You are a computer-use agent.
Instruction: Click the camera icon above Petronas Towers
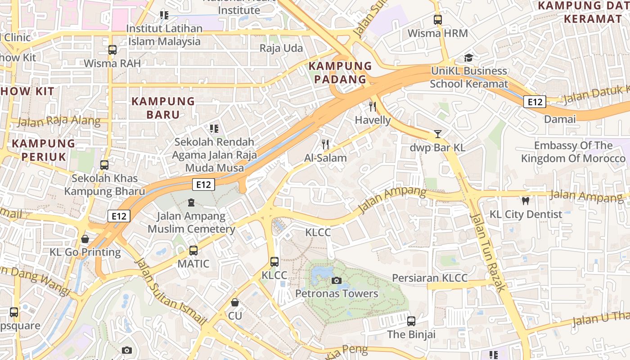(x=336, y=281)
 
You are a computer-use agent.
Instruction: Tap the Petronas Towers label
(x=337, y=294)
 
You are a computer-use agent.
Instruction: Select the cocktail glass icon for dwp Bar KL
(x=437, y=134)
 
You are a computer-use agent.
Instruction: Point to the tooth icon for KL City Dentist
(x=525, y=201)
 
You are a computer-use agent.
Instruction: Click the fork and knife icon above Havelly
(x=373, y=107)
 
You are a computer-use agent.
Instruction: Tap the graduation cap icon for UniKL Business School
(x=468, y=58)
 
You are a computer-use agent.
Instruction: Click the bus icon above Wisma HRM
(x=437, y=20)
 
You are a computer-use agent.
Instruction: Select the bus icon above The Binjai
(x=411, y=321)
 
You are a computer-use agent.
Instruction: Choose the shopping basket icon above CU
(x=234, y=302)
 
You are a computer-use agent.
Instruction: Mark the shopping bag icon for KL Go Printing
(x=85, y=239)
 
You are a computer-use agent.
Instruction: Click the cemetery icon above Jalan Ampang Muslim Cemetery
(x=191, y=203)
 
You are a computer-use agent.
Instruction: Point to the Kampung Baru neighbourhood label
(x=163, y=108)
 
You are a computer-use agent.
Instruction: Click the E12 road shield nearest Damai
(x=535, y=102)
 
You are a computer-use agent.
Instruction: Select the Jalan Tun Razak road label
(x=488, y=252)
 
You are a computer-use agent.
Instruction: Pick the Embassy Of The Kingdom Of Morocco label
(x=573, y=152)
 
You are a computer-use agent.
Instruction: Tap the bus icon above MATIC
(x=193, y=251)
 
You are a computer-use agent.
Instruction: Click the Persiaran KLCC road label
(x=430, y=278)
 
